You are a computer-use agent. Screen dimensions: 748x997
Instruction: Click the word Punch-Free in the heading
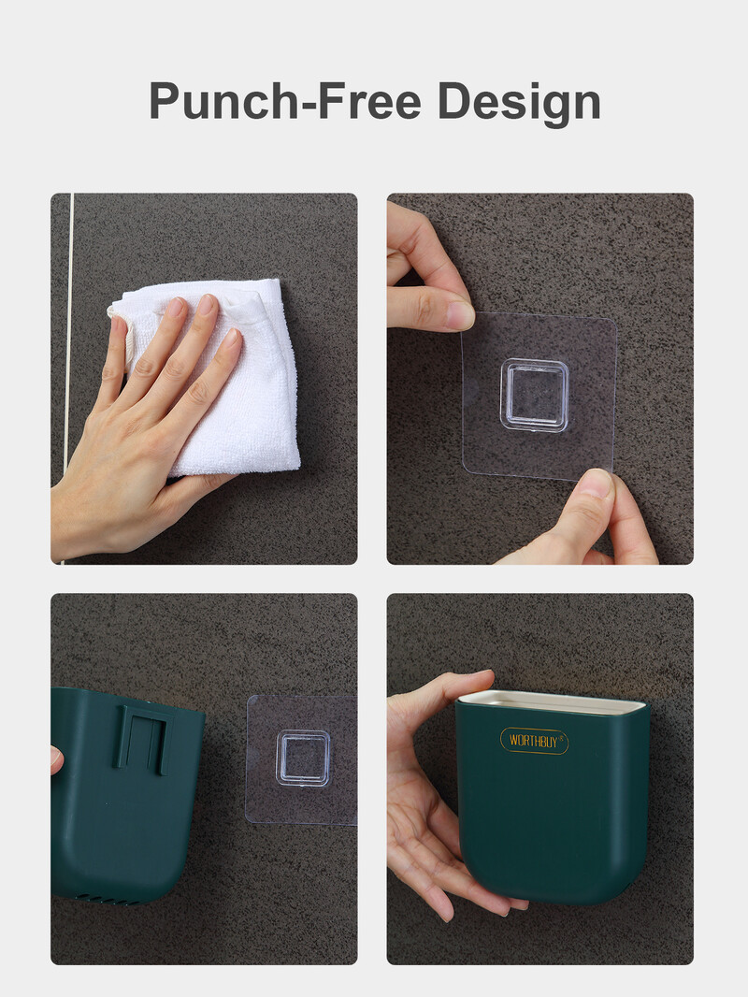click(285, 100)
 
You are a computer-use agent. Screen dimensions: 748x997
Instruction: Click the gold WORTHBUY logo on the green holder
click(534, 741)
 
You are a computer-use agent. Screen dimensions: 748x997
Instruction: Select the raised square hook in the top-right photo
click(534, 395)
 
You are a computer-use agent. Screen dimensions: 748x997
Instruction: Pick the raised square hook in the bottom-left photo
click(303, 758)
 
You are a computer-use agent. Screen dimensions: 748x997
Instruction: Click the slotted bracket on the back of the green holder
click(144, 738)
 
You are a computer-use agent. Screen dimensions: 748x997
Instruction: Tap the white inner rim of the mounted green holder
click(552, 701)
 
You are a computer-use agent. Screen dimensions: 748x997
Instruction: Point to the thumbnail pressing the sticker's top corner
click(459, 315)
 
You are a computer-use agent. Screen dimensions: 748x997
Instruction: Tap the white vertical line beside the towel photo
click(67, 379)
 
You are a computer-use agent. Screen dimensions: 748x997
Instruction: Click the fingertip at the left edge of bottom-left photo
click(56, 759)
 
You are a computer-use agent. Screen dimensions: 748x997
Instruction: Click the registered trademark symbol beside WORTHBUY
click(560, 738)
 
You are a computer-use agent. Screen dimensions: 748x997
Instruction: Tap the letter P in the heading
click(165, 100)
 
